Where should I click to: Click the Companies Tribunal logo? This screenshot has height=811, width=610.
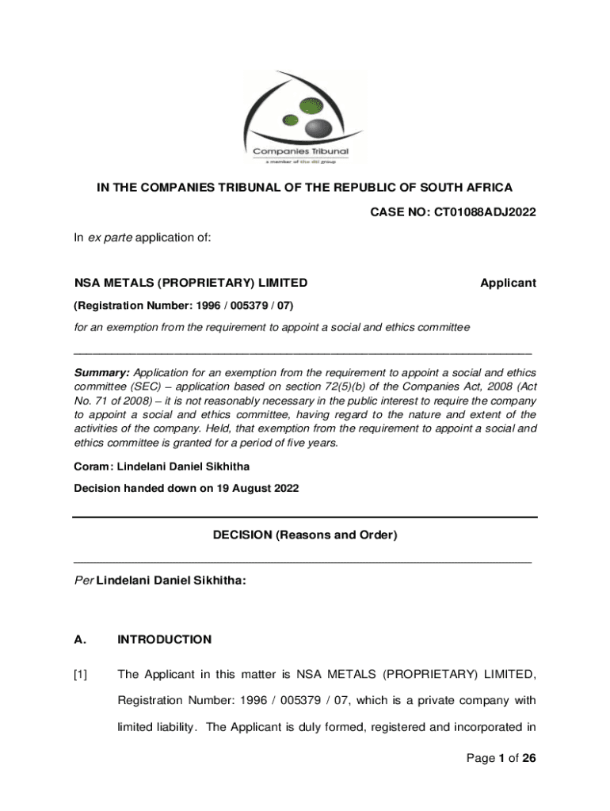tap(305, 119)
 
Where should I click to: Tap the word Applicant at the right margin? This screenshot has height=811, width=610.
tap(508, 283)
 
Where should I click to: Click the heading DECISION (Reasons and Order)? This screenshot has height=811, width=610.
tap(305, 535)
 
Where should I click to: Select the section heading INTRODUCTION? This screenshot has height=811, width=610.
tap(165, 639)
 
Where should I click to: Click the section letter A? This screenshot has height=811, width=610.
tap(78, 639)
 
